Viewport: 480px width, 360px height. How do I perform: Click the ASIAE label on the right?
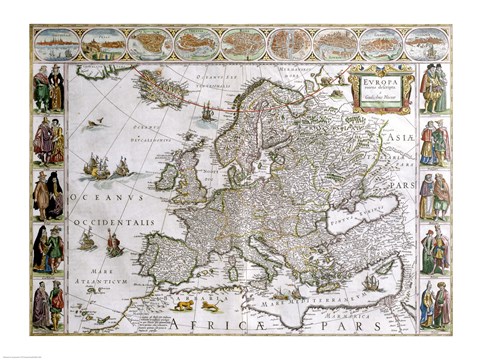[399, 142]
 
